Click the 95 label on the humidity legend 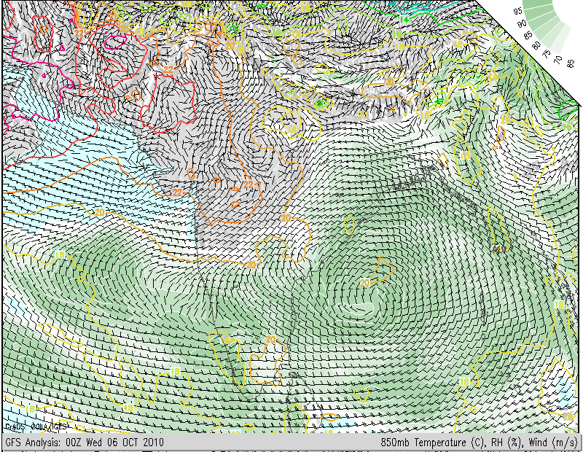pyautogui.click(x=517, y=11)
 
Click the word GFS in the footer pyautogui.click(x=14, y=443)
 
